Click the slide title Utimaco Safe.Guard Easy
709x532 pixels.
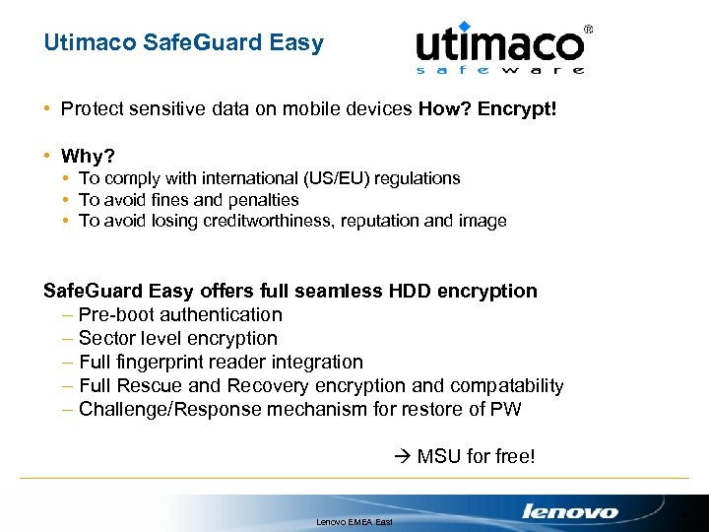click(x=183, y=44)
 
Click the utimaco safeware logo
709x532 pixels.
click(x=500, y=48)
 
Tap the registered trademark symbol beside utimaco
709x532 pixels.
click(x=589, y=31)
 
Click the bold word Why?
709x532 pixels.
click(x=88, y=157)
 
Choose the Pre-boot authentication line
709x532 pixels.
click(x=179, y=315)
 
